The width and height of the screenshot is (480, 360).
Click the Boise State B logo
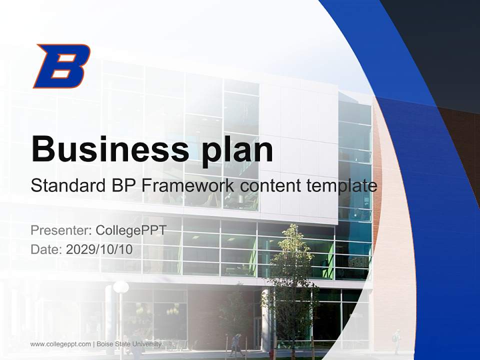[x=61, y=66]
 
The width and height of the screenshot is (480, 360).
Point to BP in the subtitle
[x=122, y=185]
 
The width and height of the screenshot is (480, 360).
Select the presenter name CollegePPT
[x=130, y=230]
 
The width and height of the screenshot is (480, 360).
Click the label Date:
[x=46, y=249]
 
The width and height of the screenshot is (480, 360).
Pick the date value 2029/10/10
[x=99, y=249]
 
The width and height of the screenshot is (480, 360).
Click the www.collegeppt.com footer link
[x=60, y=344]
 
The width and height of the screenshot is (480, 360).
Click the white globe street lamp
[x=120, y=287]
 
